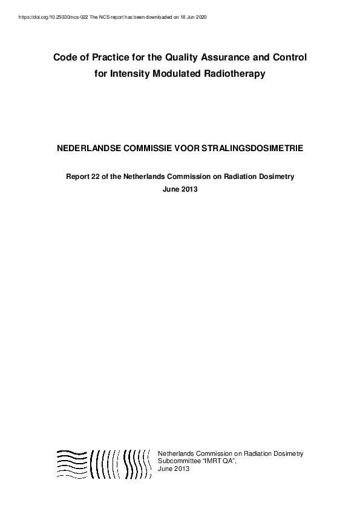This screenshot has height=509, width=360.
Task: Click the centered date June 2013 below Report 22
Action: tap(180, 189)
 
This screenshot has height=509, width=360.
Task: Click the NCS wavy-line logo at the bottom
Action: tap(103, 464)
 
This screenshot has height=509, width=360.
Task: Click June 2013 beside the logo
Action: tap(174, 468)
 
